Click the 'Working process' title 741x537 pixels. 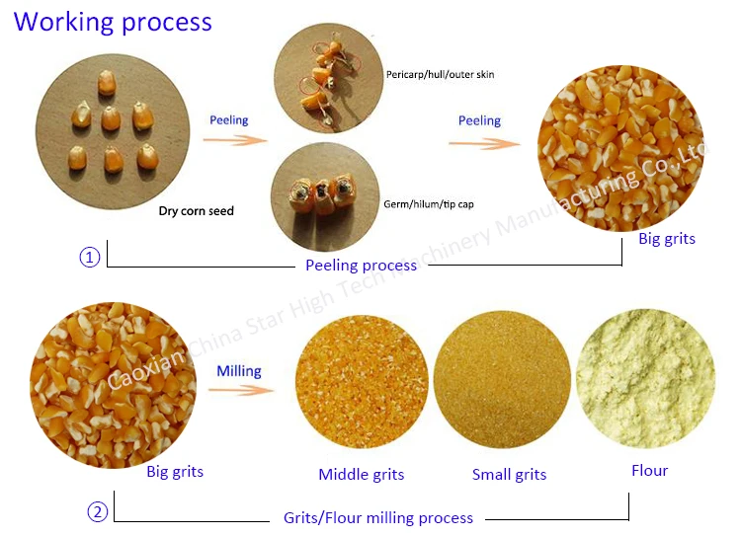(x=113, y=22)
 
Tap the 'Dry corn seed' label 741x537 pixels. (x=197, y=210)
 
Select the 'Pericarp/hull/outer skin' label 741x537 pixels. (x=440, y=75)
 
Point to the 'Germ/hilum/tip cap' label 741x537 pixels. (x=429, y=204)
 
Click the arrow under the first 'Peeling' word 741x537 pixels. (x=235, y=140)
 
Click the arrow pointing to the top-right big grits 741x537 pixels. (x=484, y=143)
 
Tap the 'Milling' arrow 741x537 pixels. (x=240, y=390)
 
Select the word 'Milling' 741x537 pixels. (x=239, y=371)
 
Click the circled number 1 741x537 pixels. (x=89, y=258)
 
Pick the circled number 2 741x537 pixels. (x=98, y=512)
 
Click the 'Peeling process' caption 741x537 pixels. (x=361, y=266)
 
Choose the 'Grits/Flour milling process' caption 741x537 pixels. (x=378, y=518)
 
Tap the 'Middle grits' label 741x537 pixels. (x=362, y=475)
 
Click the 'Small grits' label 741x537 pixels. (x=510, y=475)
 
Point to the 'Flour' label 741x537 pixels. (x=650, y=471)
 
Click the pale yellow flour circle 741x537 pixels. (x=645, y=378)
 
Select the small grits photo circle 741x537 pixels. (x=502, y=379)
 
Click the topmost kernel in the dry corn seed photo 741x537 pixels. (x=107, y=83)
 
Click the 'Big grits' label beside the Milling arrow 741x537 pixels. (x=175, y=472)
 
